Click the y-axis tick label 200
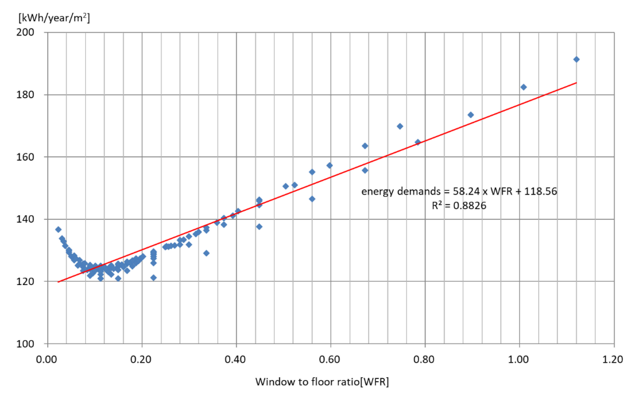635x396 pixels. [x=25, y=32]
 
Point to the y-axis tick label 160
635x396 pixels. [x=25, y=157]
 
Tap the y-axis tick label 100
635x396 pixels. [x=25, y=344]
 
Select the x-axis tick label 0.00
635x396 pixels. [x=46, y=359]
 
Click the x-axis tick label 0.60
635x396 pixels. [x=329, y=359]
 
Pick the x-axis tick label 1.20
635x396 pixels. [x=612, y=359]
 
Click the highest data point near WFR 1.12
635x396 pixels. [x=576, y=59]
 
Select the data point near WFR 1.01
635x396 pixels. [x=523, y=87]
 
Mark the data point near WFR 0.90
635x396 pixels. [x=470, y=115]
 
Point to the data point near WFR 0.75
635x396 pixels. [x=400, y=126]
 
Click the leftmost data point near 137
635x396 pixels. [x=58, y=229]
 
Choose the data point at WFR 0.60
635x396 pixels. [x=330, y=165]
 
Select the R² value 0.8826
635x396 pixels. [x=469, y=206]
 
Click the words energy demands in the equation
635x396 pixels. [x=401, y=191]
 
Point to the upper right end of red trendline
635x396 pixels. [x=576, y=83]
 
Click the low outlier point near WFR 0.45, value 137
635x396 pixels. [x=259, y=227]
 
